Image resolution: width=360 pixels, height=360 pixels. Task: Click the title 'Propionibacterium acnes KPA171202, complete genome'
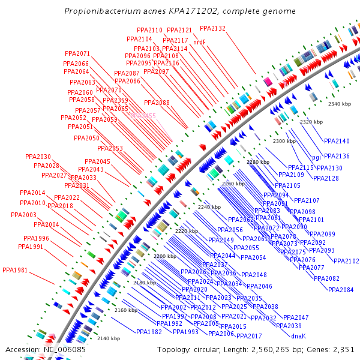point(179,11)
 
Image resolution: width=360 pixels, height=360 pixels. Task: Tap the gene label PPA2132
point(212,28)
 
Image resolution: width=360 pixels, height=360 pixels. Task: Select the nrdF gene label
point(199,42)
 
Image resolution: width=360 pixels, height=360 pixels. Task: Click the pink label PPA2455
point(143,115)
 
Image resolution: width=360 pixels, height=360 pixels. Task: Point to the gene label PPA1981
point(15,270)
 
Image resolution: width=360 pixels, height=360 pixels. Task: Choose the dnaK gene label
point(298,336)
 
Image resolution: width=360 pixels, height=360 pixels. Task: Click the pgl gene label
point(316,157)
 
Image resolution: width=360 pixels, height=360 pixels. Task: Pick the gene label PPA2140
point(337,141)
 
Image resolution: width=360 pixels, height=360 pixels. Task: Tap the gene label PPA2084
point(341,290)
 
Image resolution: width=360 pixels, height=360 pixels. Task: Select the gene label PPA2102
point(346,261)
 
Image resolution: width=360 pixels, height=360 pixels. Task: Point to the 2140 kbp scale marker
point(109,338)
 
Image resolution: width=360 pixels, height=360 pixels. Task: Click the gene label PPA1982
point(149,332)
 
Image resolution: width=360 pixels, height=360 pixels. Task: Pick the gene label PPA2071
point(77,53)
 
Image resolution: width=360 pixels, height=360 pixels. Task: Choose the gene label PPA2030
point(38,157)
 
